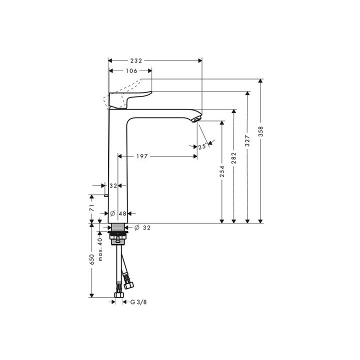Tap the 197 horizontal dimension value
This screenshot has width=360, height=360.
coord(141,156)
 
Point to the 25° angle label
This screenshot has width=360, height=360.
coord(202,146)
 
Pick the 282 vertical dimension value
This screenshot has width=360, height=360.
coord(234,157)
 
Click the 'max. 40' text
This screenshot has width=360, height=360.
coord(100,249)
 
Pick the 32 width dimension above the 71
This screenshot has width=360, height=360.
coord(113,185)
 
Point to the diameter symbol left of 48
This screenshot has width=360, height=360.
coord(112,213)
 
